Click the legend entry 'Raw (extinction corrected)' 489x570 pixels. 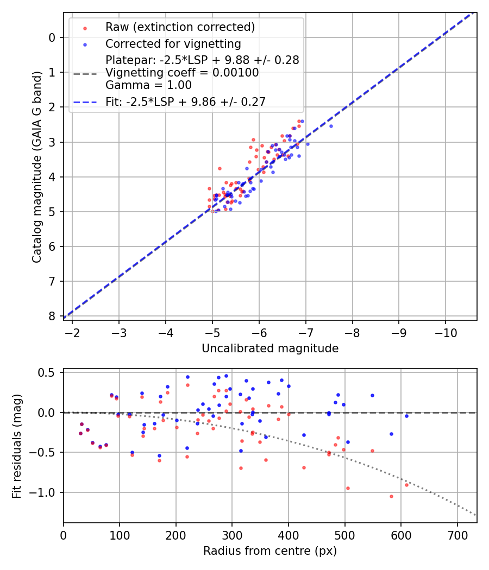pyautogui.click(x=180, y=27)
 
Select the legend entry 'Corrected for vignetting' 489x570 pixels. pyautogui.click(x=173, y=43)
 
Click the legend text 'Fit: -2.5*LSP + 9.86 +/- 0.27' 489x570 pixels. pyautogui.click(x=185, y=102)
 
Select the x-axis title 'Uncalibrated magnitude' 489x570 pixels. pyautogui.click(x=270, y=349)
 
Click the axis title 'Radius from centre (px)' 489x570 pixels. pyautogui.click(x=270, y=551)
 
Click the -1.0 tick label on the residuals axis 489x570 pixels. pyautogui.click(x=46, y=492)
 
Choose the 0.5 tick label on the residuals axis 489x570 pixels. pyautogui.click(x=49, y=372)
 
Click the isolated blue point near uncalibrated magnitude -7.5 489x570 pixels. pyautogui.click(x=331, y=126)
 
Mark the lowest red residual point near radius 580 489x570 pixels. pyautogui.click(x=391, y=496)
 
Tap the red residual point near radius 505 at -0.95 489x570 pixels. pyautogui.click(x=348, y=488)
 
